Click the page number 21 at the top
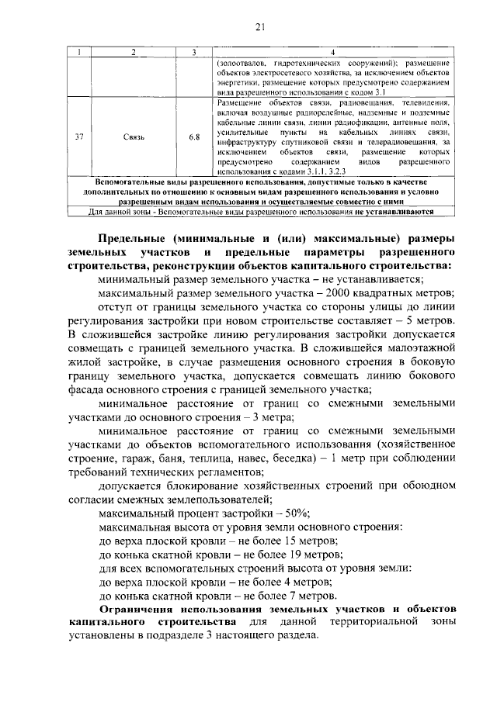(260, 28)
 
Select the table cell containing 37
(78, 137)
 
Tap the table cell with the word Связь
(134, 137)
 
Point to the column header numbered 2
(134, 52)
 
